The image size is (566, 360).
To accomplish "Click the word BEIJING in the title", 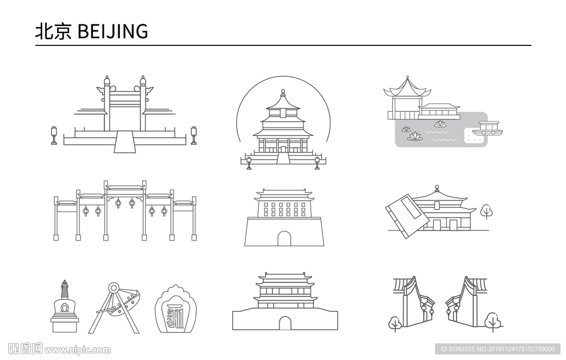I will [x=113, y=31].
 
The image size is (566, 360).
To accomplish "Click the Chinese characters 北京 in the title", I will [x=53, y=31].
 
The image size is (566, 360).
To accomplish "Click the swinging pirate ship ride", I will [x=116, y=309].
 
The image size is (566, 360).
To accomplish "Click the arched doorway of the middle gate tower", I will [x=284, y=239].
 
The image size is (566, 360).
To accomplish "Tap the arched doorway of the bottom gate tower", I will [x=285, y=323].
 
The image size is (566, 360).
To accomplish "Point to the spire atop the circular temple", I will [x=283, y=93].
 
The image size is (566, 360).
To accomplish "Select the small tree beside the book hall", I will [x=486, y=212].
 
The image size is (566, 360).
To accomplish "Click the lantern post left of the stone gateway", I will [x=54, y=135].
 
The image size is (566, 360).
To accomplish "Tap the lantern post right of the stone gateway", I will [x=194, y=135].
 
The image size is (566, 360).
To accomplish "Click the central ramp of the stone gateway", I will [x=124, y=142].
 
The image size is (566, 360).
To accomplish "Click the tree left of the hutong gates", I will [x=395, y=323].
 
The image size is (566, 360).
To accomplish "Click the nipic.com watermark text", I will [x=77, y=350].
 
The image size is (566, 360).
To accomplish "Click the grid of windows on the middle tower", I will [x=285, y=209].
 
